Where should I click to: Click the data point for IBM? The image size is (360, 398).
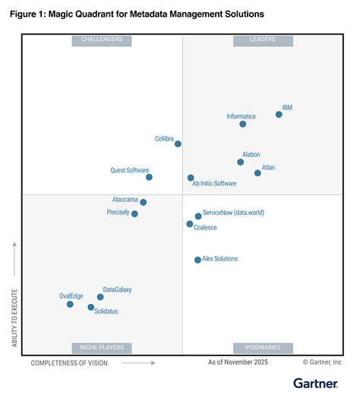279,114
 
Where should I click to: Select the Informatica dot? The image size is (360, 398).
242,124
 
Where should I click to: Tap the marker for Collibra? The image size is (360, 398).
178,144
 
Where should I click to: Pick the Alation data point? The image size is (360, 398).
240,162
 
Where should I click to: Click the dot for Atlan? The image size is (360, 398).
257,173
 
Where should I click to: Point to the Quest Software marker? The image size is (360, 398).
149,177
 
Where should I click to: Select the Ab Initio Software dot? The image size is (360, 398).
191,178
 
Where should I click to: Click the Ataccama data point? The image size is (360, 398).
143,202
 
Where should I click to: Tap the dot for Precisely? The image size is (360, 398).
134,214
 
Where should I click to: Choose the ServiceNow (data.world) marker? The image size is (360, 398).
198,216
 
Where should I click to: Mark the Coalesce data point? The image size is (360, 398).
190,224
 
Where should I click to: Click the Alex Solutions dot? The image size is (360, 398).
197,260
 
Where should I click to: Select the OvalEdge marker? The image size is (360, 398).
70,304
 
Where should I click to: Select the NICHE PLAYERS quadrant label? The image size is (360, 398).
101,347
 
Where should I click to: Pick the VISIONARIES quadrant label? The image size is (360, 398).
263,347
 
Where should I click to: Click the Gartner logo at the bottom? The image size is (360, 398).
317,384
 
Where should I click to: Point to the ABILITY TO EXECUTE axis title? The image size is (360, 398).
14,296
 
